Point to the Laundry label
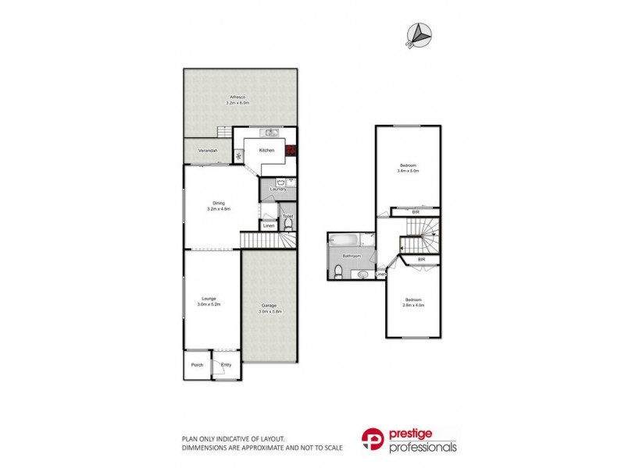pyautogui.click(x=277, y=189)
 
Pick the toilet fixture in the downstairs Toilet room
pyautogui.click(x=287, y=225)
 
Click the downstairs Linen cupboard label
pyautogui.click(x=269, y=225)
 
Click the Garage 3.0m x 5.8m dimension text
pyautogui.click(x=270, y=310)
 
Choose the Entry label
pyautogui.click(x=226, y=364)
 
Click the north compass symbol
pyautogui.click(x=420, y=34)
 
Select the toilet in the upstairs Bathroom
pyautogui.click(x=337, y=271)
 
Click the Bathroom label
pyautogui.click(x=350, y=256)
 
